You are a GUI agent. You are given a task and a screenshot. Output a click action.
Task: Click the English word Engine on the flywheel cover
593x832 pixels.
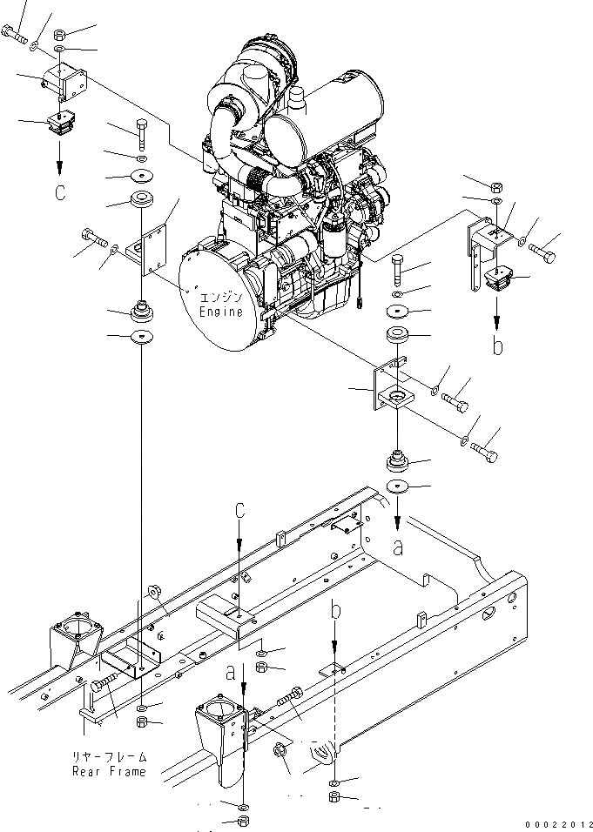pyautogui.click(x=221, y=311)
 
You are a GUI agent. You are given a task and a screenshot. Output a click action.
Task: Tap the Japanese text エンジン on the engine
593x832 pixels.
pyautogui.click(x=221, y=296)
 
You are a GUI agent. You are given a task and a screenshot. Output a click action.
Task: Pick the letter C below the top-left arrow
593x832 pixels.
pyautogui.click(x=60, y=193)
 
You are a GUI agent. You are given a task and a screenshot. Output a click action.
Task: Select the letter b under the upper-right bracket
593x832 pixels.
pyautogui.click(x=498, y=346)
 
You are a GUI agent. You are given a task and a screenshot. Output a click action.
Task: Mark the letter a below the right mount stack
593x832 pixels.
pyautogui.click(x=398, y=548)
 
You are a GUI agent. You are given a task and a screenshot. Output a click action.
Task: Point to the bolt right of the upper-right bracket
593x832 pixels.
pyautogui.click(x=543, y=253)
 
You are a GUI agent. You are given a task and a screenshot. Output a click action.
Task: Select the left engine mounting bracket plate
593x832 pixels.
pyautogui.click(x=148, y=248)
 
